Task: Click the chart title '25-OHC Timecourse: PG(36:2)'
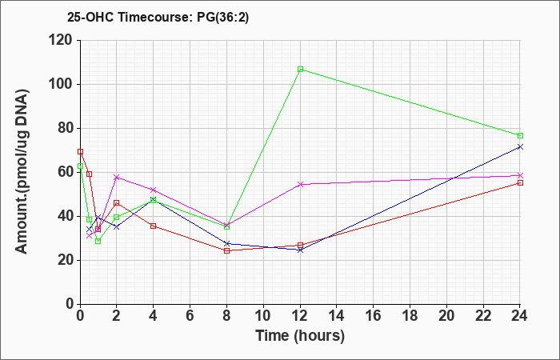pyautogui.click(x=158, y=17)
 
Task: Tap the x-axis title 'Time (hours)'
pyautogui.click(x=300, y=336)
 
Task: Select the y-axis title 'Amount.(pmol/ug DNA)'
pyautogui.click(x=22, y=172)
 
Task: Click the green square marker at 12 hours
pyautogui.click(x=300, y=70)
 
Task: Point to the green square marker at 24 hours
pyautogui.click(x=520, y=136)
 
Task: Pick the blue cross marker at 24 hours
pyautogui.click(x=520, y=146)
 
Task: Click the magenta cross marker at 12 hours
pyautogui.click(x=300, y=184)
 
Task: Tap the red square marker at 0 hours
pyautogui.click(x=80, y=151)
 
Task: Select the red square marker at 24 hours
pyautogui.click(x=520, y=183)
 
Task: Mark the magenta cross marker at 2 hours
pyautogui.click(x=117, y=177)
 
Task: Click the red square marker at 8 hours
pyautogui.click(x=226, y=250)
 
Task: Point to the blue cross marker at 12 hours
pyautogui.click(x=300, y=250)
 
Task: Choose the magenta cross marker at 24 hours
pyautogui.click(x=520, y=175)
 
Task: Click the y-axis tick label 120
pyautogui.click(x=60, y=40)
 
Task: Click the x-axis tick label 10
pyautogui.click(x=263, y=316)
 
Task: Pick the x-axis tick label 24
pyautogui.click(x=519, y=316)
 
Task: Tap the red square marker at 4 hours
pyautogui.click(x=154, y=226)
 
